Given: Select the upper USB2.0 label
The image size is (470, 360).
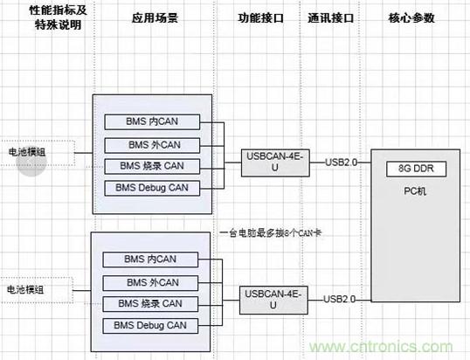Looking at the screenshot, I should click(341, 162).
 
